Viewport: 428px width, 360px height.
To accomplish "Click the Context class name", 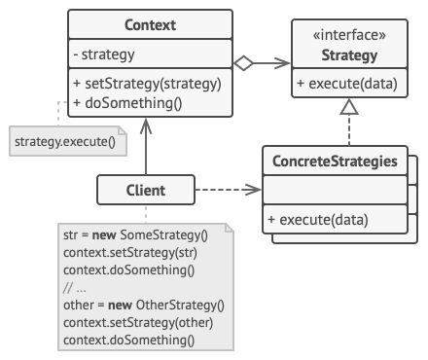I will pos(150,22).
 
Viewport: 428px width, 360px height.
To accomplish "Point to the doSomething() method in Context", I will pos(127,101).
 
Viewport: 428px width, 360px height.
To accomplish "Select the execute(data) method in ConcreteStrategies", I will pos(322,220).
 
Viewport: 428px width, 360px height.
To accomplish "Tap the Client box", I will pos(145,191).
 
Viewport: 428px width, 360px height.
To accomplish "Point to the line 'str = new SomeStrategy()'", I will pos(135,235).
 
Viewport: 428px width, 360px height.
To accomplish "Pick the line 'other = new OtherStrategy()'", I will pos(141,305).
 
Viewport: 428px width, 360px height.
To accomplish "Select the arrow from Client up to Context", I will pos(146,146).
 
